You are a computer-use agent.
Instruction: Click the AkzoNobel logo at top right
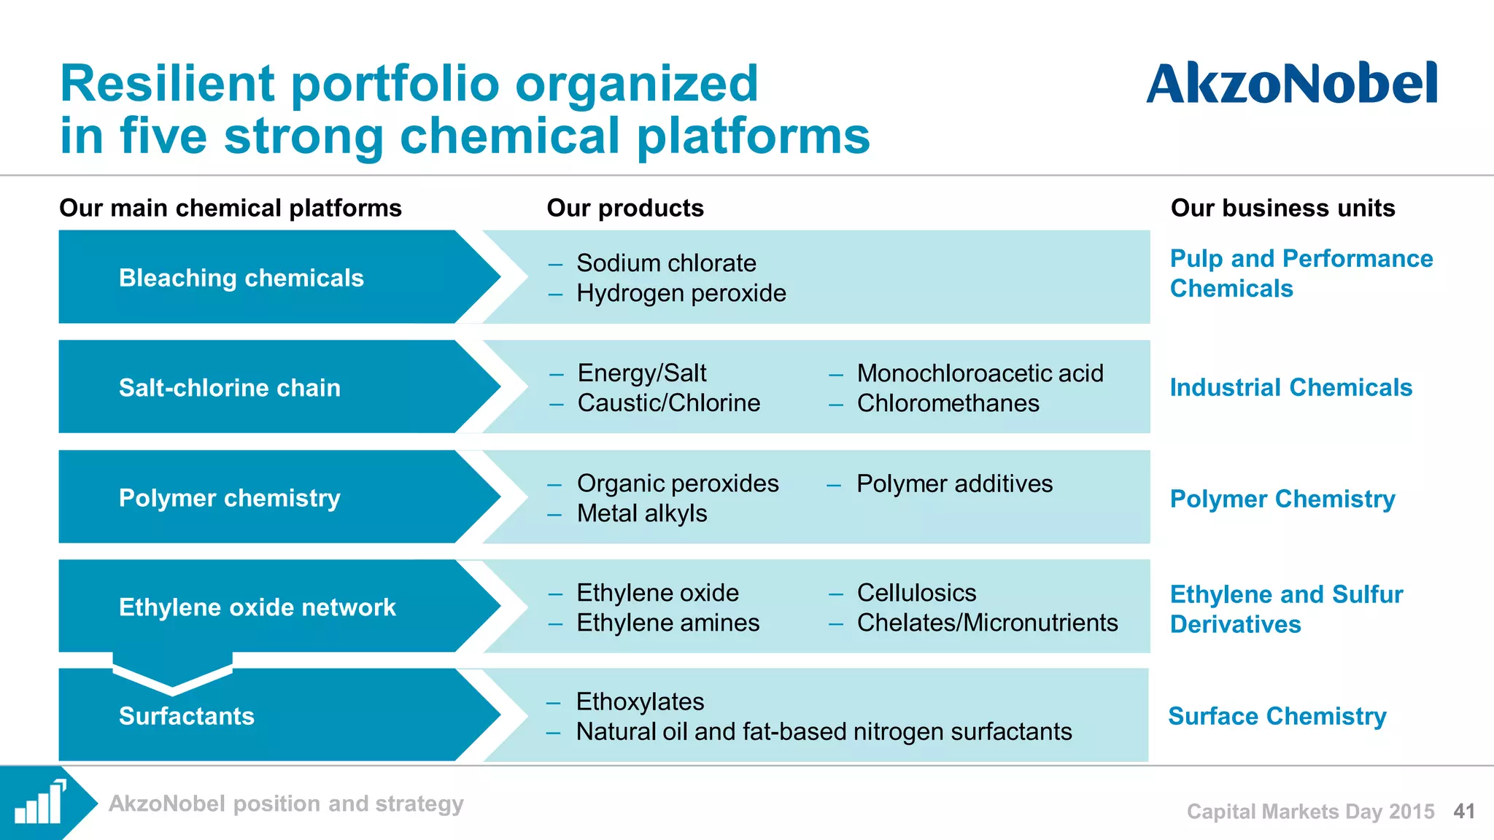tap(1291, 83)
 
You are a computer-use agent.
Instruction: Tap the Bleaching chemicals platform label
tap(241, 278)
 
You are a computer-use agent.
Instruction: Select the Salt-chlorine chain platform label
tap(229, 387)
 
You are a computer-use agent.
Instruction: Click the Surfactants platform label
tap(186, 716)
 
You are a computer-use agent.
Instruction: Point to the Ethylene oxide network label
tap(257, 607)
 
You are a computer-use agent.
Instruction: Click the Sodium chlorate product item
tap(665, 263)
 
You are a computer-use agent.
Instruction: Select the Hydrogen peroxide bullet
tap(681, 293)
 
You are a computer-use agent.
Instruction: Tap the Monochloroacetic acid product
tap(979, 373)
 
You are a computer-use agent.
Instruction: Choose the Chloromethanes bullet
tap(947, 403)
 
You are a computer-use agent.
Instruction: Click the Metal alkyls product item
tap(641, 513)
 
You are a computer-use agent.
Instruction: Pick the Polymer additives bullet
tap(953, 483)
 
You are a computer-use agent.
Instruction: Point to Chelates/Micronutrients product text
tap(986, 623)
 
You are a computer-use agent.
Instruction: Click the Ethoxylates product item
tap(639, 701)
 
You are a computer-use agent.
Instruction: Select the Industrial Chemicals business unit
tap(1290, 387)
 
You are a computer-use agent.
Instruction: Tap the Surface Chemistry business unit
tap(1277, 716)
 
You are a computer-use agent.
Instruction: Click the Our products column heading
tap(625, 208)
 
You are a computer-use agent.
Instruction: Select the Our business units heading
tap(1282, 208)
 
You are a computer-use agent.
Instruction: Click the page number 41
tap(1464, 811)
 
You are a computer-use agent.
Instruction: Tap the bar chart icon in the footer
tap(40, 803)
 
